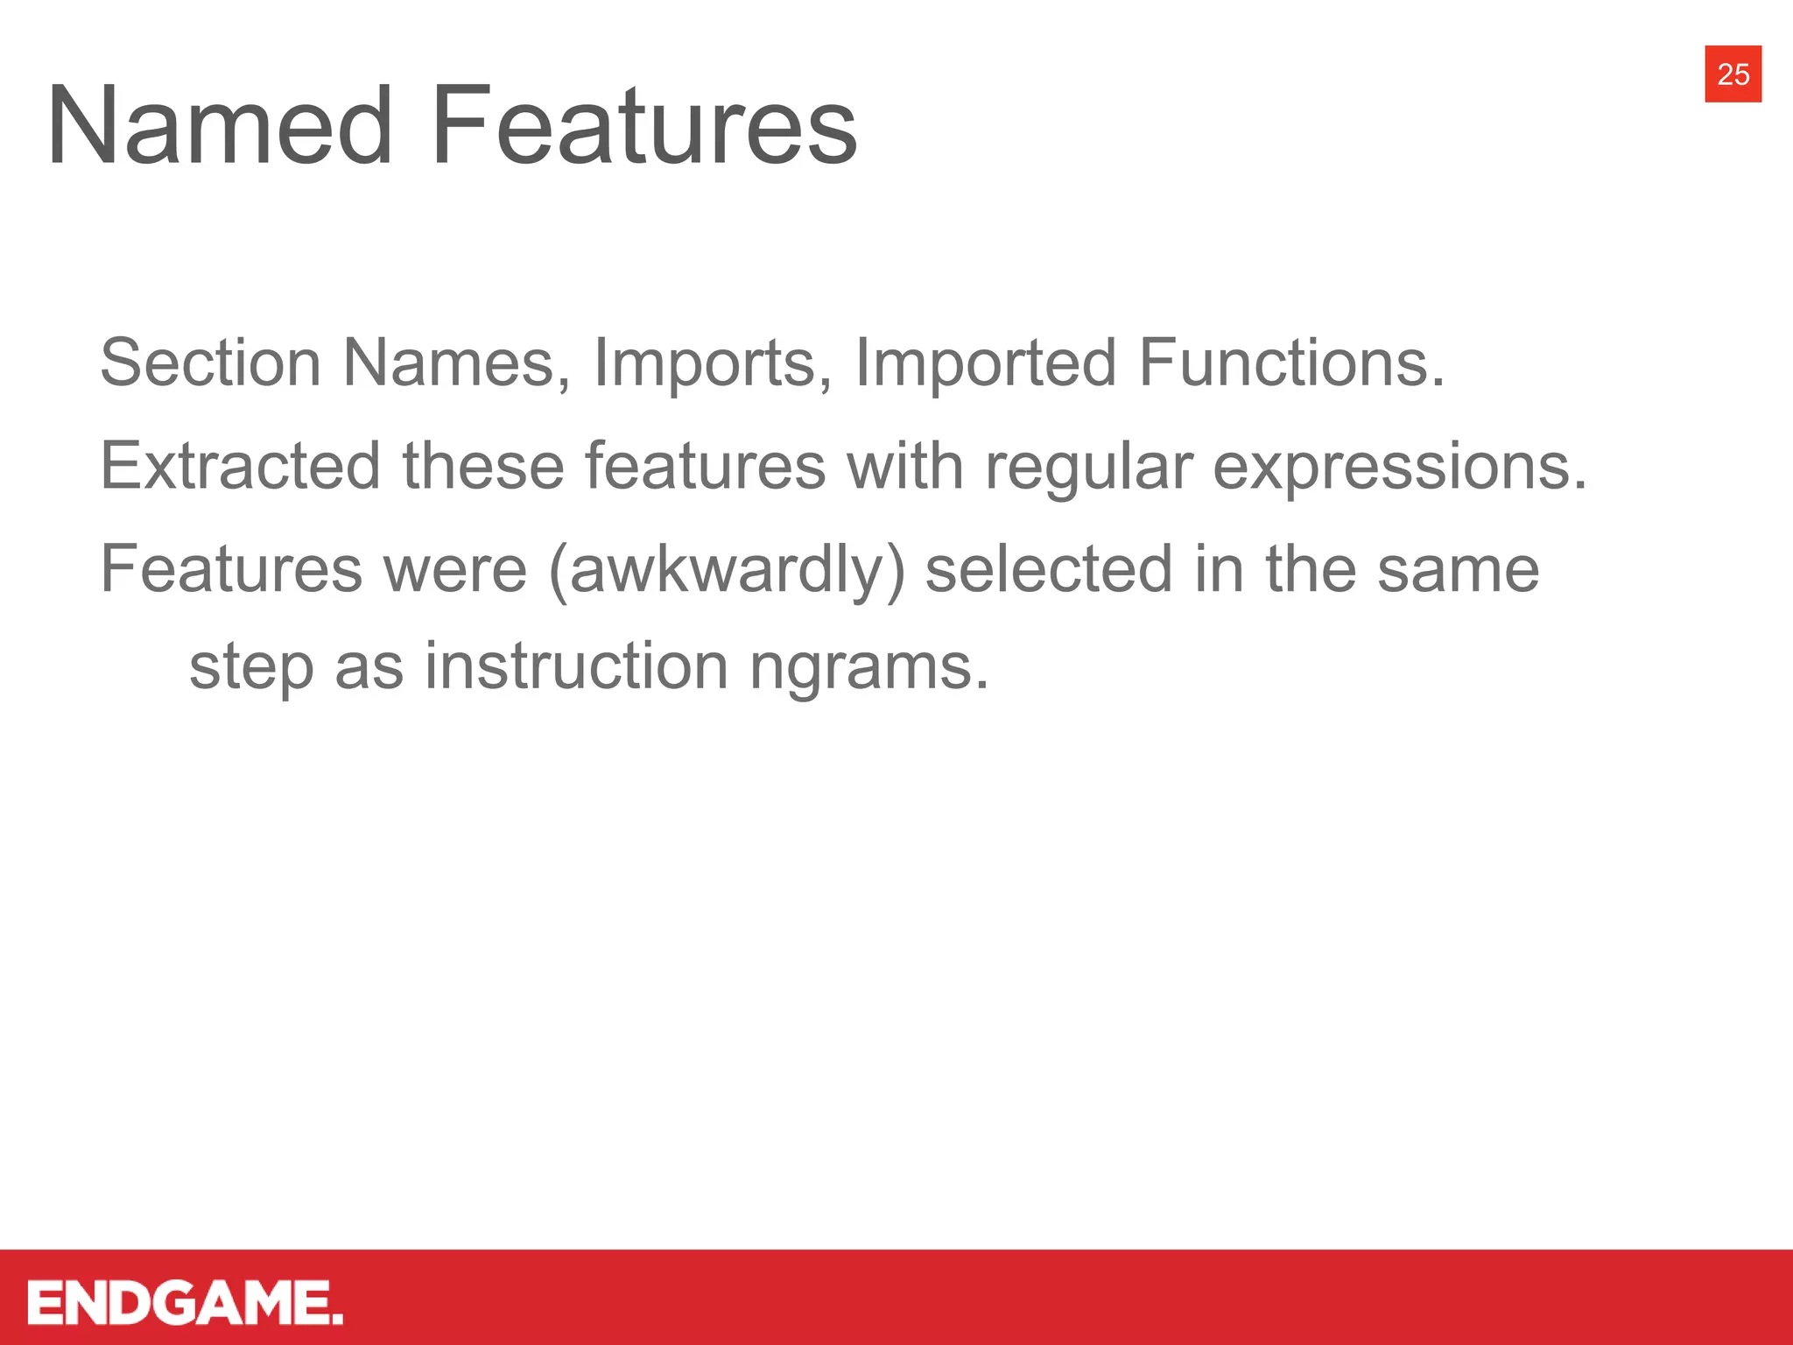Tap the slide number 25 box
coord(1733,74)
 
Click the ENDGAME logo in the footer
coord(185,1303)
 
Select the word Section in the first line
coord(210,363)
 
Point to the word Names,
coord(456,363)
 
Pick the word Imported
coord(985,363)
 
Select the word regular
coord(1088,466)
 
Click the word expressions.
coord(1399,466)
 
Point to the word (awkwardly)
coord(727,569)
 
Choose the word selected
coord(1048,569)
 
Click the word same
coord(1458,569)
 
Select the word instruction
coord(576,665)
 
